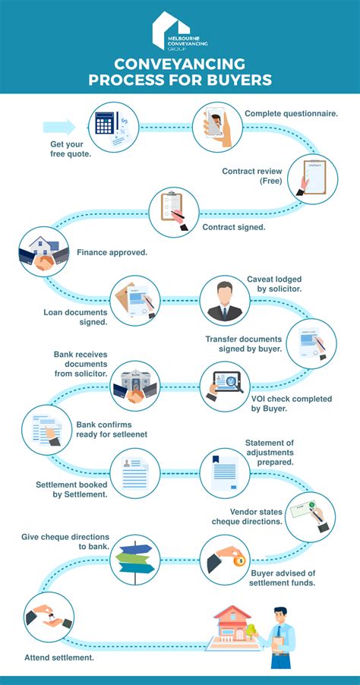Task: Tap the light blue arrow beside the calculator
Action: click(x=60, y=127)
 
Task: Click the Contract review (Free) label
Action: click(x=251, y=176)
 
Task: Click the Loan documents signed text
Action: click(x=75, y=316)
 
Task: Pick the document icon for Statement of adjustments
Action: click(x=225, y=472)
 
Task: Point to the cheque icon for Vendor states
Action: click(x=310, y=516)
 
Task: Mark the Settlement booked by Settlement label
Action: click(x=71, y=489)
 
